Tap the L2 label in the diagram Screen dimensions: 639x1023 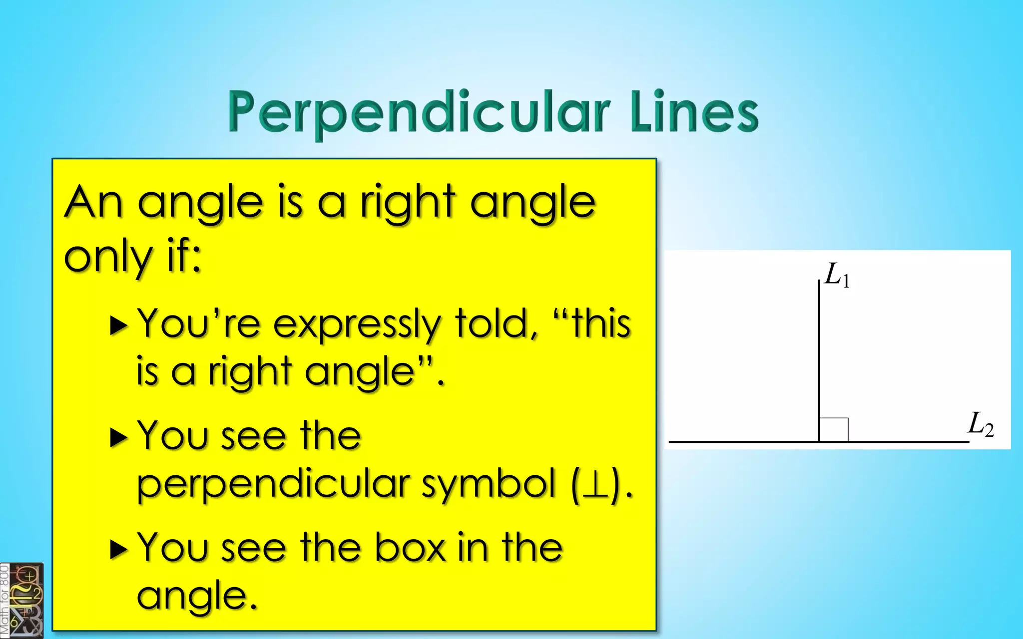pos(980,425)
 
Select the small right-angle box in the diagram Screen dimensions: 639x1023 pos(834,429)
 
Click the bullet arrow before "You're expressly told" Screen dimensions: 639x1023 pos(119,325)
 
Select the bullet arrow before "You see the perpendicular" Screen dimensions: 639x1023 pos(119,437)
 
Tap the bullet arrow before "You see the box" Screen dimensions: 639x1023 pos(119,549)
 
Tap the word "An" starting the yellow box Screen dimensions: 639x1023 pos(93,202)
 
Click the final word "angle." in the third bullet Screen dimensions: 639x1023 pos(197,596)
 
